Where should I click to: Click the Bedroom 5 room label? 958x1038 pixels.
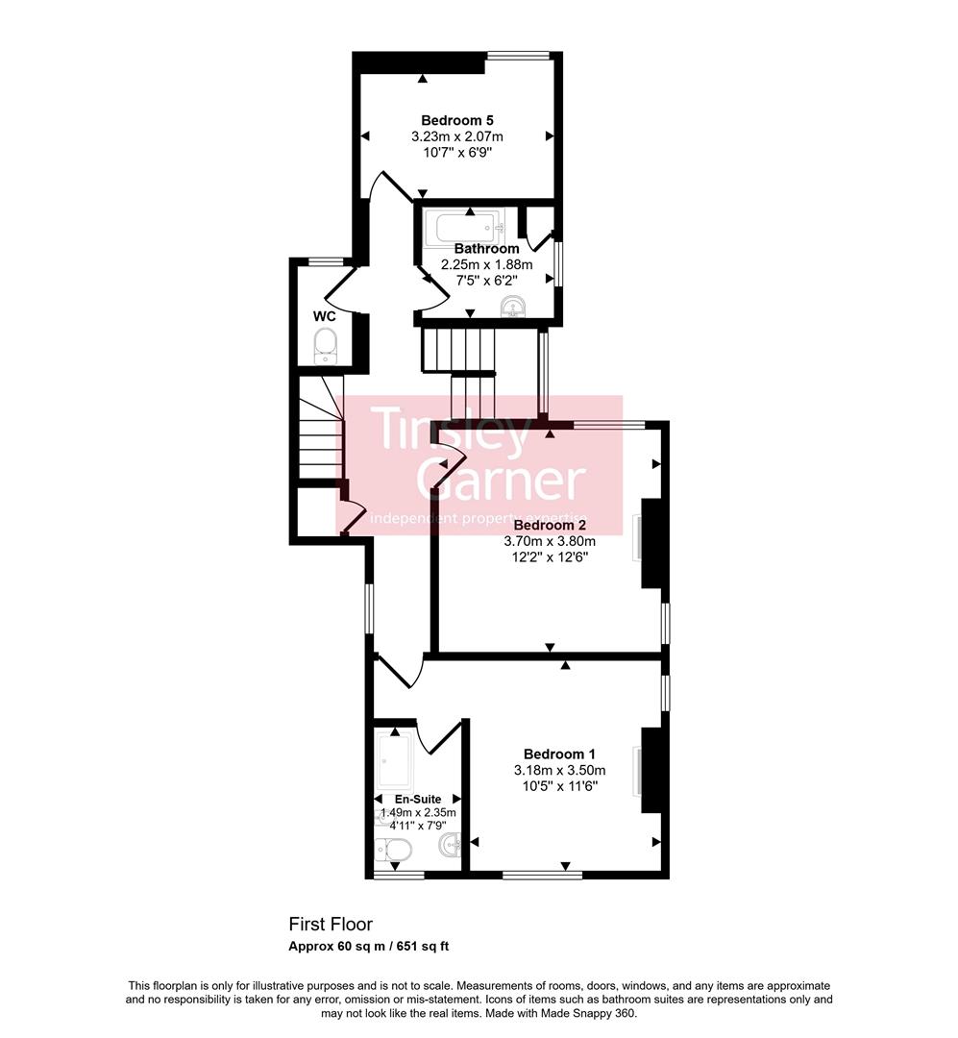click(x=456, y=120)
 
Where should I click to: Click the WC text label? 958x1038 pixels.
click(x=324, y=316)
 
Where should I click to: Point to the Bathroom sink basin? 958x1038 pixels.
click(x=514, y=307)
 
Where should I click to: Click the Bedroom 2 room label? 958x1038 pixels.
click(x=550, y=526)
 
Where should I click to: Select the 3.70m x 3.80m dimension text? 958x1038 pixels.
click(x=550, y=541)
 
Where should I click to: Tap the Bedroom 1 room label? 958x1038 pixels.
click(x=553, y=754)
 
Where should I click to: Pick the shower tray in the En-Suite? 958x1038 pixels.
click(x=396, y=759)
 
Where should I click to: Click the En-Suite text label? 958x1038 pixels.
click(x=418, y=799)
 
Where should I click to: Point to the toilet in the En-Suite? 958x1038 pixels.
click(x=394, y=850)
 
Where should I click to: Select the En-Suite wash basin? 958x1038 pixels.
click(x=450, y=846)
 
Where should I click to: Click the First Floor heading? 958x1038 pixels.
click(x=330, y=924)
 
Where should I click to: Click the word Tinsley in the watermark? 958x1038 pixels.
click(x=451, y=432)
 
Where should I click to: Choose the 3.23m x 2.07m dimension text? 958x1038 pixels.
click(x=456, y=136)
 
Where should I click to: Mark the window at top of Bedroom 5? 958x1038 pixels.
click(x=518, y=56)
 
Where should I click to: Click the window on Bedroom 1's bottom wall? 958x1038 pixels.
click(x=542, y=875)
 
